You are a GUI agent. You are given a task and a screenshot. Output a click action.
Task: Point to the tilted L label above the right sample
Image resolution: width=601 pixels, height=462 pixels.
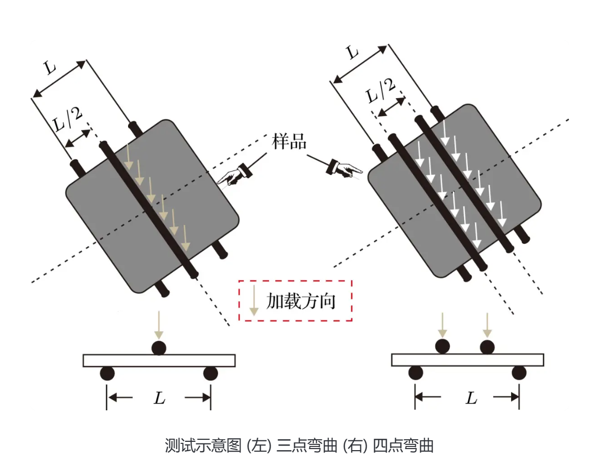pyautogui.click(x=353, y=52)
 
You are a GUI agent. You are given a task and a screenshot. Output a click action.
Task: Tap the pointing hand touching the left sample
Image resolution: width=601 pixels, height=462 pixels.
pyautogui.click(x=234, y=174)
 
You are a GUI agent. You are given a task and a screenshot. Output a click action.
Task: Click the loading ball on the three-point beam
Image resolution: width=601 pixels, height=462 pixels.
pyautogui.click(x=159, y=348)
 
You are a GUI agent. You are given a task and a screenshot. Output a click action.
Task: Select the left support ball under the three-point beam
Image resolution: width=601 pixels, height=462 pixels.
pyautogui.click(x=107, y=373)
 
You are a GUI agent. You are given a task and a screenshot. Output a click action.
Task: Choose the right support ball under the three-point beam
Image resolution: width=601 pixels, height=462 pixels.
pyautogui.click(x=210, y=373)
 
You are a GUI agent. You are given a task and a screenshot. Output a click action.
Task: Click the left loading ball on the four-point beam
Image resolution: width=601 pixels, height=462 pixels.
pyautogui.click(x=441, y=346)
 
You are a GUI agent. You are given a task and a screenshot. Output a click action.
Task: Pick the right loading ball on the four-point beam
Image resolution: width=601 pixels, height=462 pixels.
pyautogui.click(x=487, y=346)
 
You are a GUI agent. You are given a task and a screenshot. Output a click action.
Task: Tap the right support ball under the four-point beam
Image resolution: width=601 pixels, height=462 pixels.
pyautogui.click(x=519, y=373)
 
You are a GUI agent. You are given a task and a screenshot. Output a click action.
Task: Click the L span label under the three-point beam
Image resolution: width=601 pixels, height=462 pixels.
pyautogui.click(x=160, y=398)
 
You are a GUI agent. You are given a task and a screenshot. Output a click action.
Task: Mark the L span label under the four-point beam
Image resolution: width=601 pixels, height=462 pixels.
pyautogui.click(x=470, y=398)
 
